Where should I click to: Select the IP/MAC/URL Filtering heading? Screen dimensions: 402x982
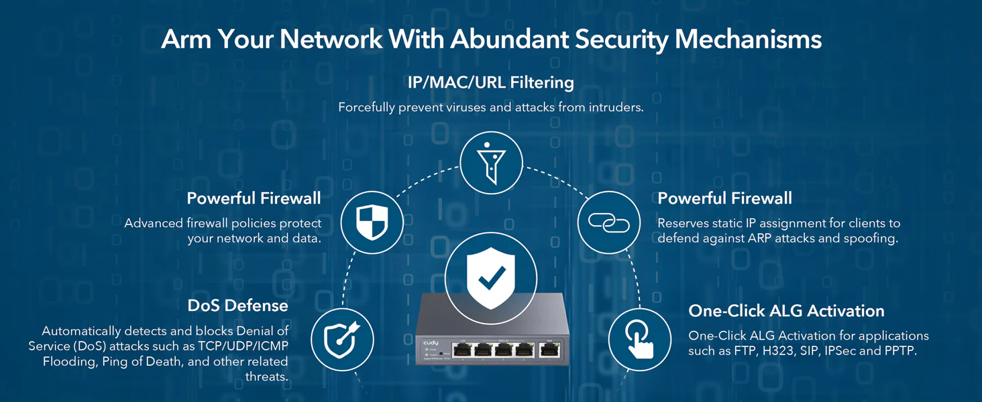coord(490,82)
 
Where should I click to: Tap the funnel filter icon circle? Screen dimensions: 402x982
coord(491,163)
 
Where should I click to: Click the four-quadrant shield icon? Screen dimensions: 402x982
coord(372,222)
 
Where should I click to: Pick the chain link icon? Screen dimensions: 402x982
coord(608,222)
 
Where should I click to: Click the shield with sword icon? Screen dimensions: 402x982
coord(342,339)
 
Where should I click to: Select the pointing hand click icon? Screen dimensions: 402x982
coord(639,339)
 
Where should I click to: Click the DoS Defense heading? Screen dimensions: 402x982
coord(237,306)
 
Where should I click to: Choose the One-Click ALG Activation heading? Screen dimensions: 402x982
coord(786,311)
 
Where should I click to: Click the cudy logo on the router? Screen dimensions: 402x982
coord(431,343)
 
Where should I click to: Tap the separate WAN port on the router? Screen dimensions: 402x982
coord(549,349)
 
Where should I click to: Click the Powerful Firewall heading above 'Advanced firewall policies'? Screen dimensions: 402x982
coord(254,198)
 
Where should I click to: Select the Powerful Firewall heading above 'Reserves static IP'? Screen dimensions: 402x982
coord(724,198)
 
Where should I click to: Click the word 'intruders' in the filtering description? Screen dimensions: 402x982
coord(615,107)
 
